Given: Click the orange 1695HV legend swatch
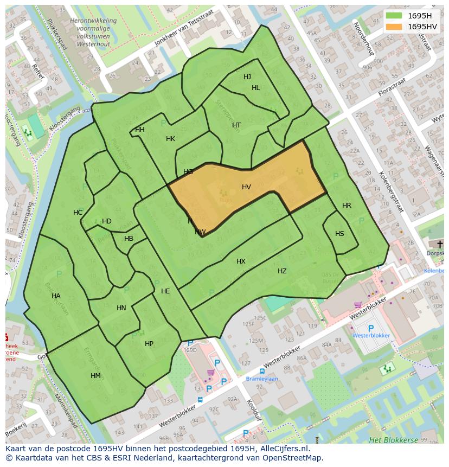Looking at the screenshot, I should pyautogui.click(x=394, y=27).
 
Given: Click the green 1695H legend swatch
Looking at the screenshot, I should pyautogui.click(x=394, y=15).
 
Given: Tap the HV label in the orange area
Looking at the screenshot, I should pyautogui.click(x=246, y=187).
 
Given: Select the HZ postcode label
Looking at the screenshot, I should pyautogui.click(x=282, y=271).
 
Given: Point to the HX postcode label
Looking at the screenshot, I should pyautogui.click(x=241, y=261).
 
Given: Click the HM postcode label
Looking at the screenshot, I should pyautogui.click(x=95, y=376).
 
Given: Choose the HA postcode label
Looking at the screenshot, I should pyautogui.click(x=56, y=296).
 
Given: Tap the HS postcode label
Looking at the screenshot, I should pyautogui.click(x=339, y=234).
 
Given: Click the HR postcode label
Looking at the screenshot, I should pyautogui.click(x=347, y=206).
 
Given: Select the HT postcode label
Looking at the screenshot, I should pyautogui.click(x=236, y=125).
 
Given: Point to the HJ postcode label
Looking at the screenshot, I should pyautogui.click(x=247, y=77).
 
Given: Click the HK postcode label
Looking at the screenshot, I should pyautogui.click(x=170, y=139).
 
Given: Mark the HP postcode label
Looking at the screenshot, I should pyautogui.click(x=149, y=344).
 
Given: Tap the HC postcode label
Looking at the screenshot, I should pyautogui.click(x=78, y=213).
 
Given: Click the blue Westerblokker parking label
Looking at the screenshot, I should pyautogui.click(x=371, y=336).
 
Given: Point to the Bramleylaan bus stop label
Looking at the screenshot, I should pyautogui.click(x=262, y=379).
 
